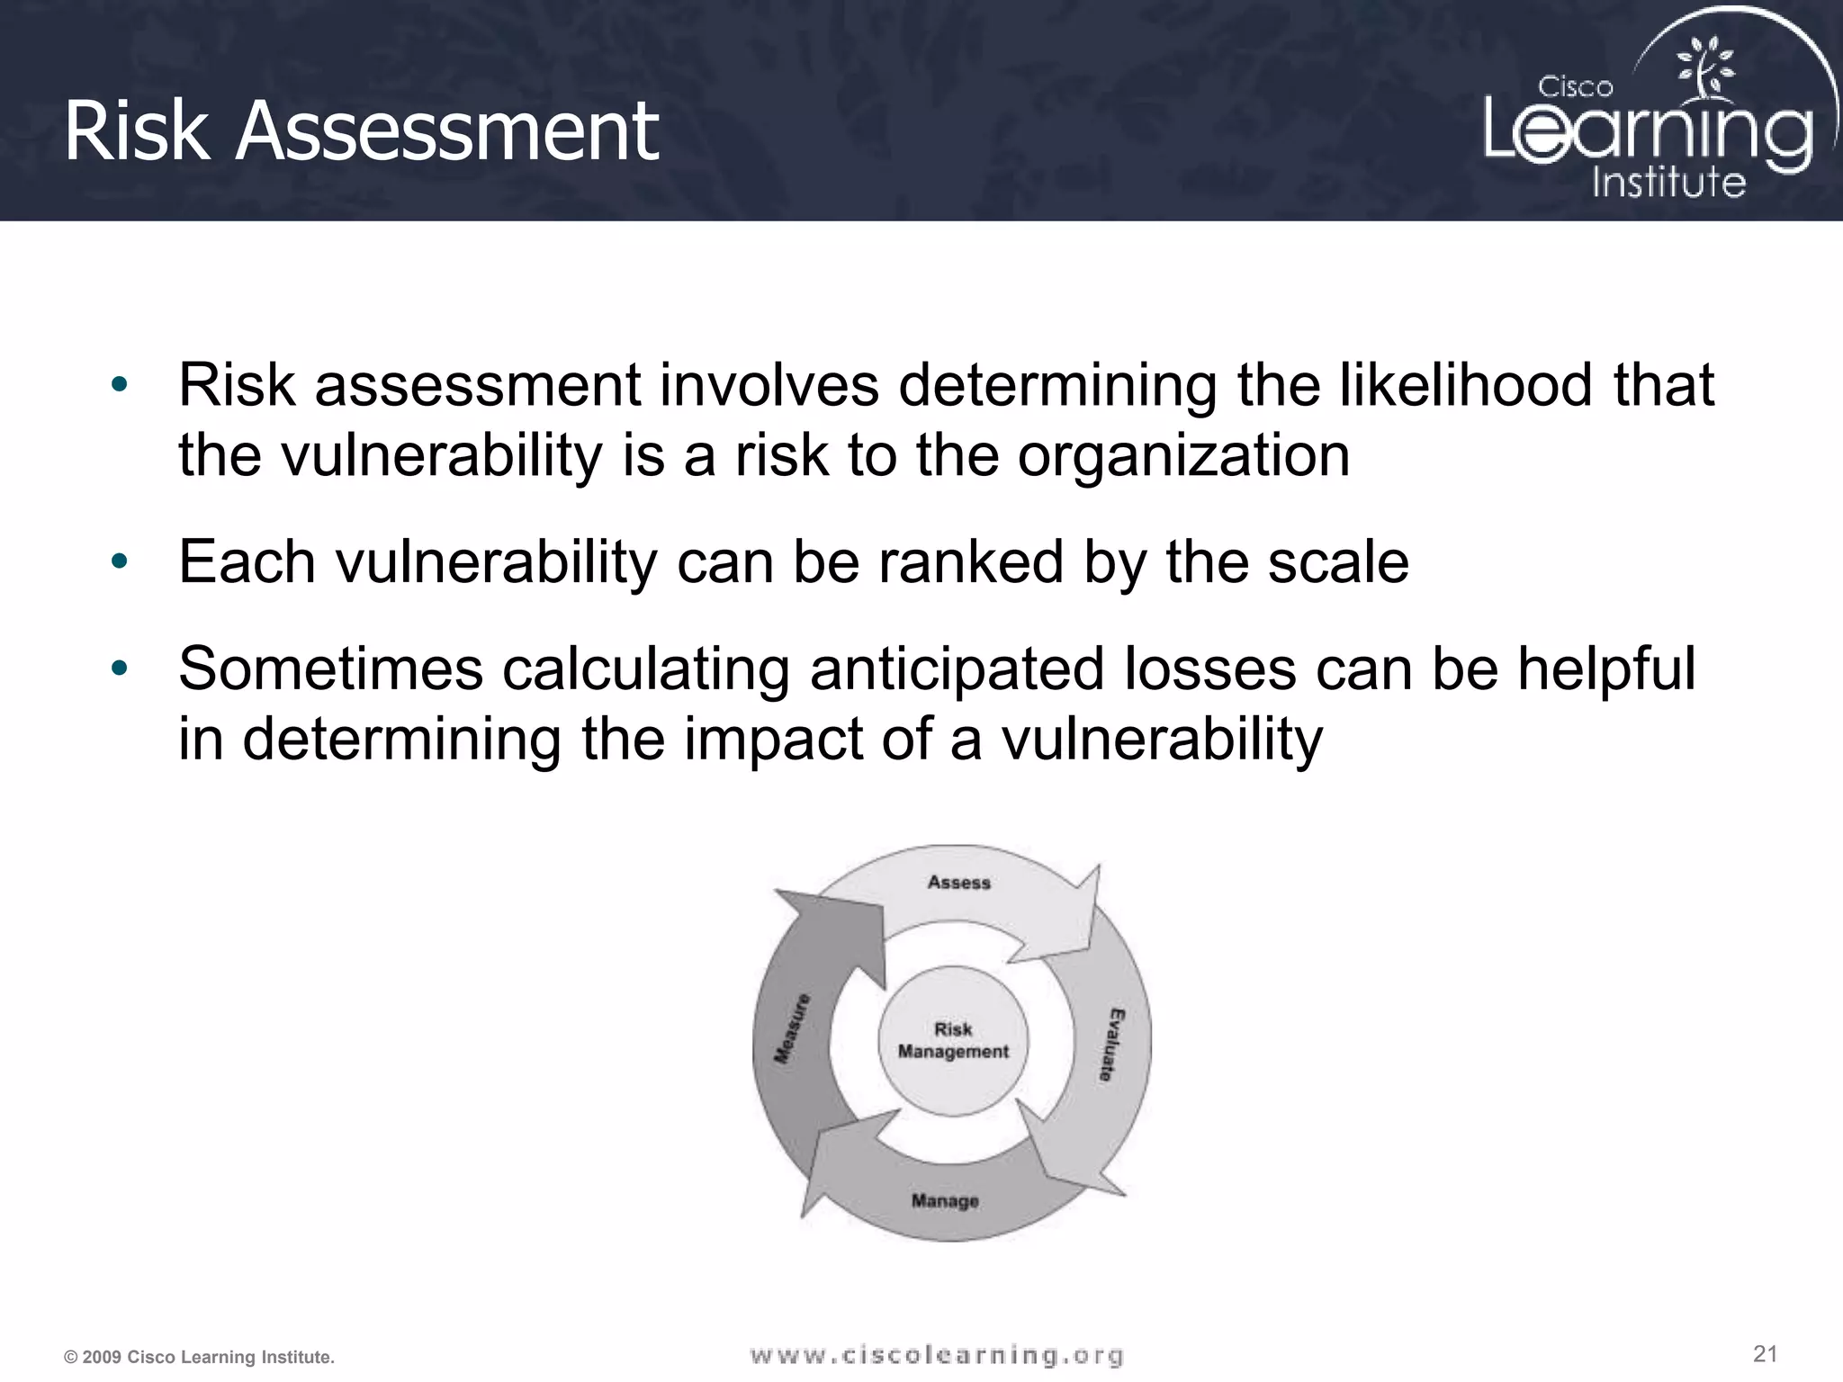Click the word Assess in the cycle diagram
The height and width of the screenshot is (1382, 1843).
958,883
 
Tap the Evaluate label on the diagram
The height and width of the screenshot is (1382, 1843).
1112,1045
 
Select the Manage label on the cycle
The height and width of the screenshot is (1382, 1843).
945,1200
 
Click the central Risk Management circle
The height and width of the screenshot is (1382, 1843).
953,1041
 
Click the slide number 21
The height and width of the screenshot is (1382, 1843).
1765,1353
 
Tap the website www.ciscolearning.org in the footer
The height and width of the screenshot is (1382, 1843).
936,1355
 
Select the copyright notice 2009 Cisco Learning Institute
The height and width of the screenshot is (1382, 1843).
199,1357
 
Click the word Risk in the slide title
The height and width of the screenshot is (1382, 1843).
136,131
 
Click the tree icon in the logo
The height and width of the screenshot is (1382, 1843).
1704,68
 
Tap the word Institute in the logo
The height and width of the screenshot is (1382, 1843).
1668,182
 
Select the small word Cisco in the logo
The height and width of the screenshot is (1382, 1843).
1575,87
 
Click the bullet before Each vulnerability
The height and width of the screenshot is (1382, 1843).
120,562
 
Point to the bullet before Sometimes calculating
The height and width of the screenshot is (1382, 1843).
120,669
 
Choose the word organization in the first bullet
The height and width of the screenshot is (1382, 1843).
1183,455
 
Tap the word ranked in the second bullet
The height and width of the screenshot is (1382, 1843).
971,562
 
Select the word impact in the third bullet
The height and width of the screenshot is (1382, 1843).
774,739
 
